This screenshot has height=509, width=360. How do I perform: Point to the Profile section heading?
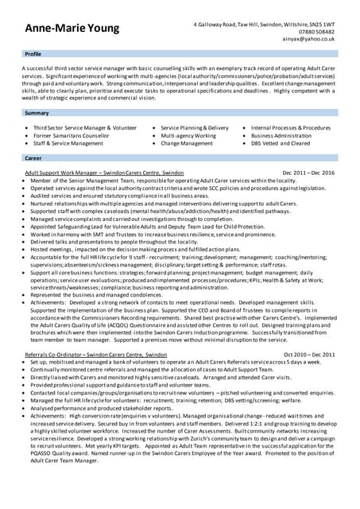tap(33, 54)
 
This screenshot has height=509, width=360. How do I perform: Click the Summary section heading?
tap(37, 114)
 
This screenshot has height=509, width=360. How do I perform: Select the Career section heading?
tap(33, 158)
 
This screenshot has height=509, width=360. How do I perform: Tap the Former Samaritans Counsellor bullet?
tap(72, 136)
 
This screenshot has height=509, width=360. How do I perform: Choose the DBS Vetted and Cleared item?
tap(281, 144)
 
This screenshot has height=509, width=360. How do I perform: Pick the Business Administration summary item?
tap(281, 136)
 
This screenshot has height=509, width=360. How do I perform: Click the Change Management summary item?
tap(187, 144)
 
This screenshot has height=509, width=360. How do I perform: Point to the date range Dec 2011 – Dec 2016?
tap(308, 173)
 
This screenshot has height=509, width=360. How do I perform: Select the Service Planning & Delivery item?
tap(194, 128)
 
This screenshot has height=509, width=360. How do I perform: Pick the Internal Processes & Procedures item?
tap(290, 128)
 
